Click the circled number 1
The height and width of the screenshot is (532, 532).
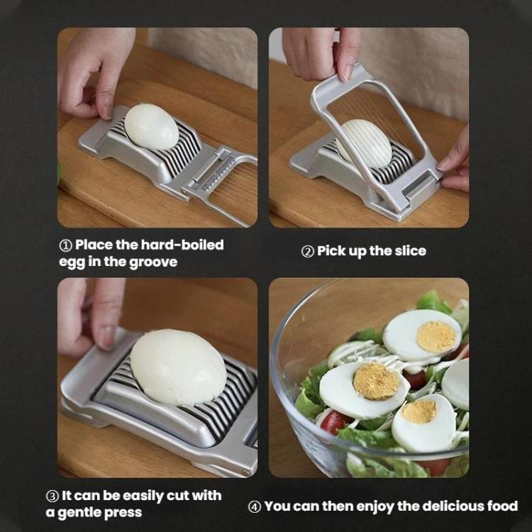point(65,246)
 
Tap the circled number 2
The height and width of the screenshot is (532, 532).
point(307,252)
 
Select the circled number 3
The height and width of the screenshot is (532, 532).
point(52,497)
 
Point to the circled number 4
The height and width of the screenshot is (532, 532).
point(255,507)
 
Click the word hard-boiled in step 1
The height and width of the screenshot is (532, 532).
point(182,245)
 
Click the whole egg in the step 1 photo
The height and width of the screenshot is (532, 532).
point(151,126)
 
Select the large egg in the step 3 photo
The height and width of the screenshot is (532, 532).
point(178,367)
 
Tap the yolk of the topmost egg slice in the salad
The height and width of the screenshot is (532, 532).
point(436,336)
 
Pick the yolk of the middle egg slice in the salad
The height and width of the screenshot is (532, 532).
point(377,381)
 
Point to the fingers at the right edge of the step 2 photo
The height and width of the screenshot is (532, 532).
point(455,163)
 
